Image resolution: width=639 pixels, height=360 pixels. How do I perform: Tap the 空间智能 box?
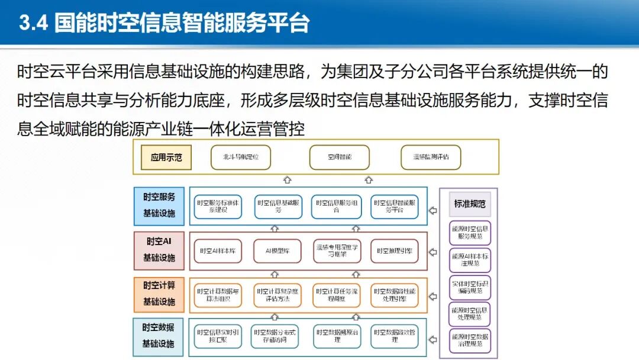[340, 157]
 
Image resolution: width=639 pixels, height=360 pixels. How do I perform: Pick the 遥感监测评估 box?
[431, 157]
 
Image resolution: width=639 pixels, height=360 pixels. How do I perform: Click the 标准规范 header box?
[469, 204]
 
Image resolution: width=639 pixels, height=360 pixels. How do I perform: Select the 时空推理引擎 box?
[394, 251]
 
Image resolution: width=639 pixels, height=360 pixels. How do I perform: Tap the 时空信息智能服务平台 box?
[395, 206]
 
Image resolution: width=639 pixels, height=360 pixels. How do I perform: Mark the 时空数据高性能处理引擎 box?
[395, 295]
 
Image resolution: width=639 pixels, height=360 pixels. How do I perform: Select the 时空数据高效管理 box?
[395, 336]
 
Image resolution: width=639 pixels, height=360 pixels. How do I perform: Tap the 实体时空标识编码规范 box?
[470, 287]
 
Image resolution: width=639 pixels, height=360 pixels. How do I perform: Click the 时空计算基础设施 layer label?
[159, 294]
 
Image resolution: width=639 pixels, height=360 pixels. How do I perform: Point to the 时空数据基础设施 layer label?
[159, 335]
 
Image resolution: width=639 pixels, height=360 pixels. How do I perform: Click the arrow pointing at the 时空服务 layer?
[433, 210]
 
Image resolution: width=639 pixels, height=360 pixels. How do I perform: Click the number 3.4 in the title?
[33, 23]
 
